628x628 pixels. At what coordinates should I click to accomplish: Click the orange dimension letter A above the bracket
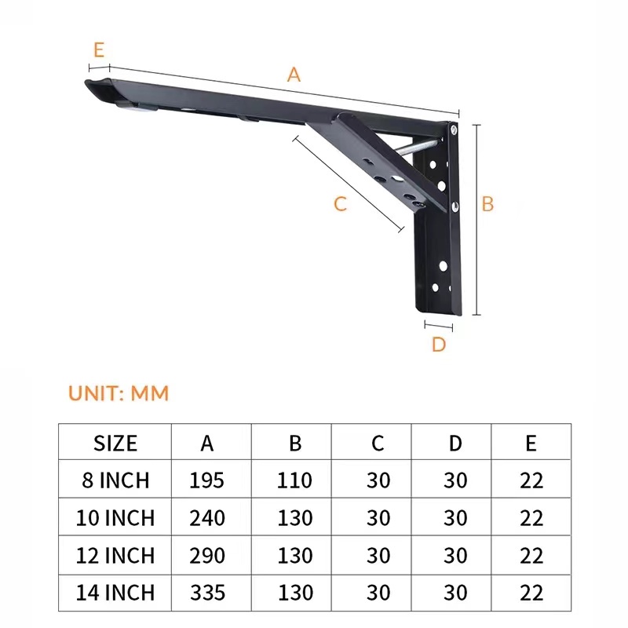(294, 75)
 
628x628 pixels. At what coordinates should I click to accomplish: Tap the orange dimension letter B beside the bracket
(487, 203)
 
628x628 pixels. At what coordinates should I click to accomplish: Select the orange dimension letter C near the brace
(340, 203)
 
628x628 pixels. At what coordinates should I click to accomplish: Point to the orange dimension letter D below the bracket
(439, 344)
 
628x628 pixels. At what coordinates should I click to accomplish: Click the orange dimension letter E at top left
(98, 49)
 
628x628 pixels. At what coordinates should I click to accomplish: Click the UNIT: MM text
(119, 392)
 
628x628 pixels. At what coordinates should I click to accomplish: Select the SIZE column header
(115, 443)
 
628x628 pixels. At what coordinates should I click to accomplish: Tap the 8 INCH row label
(115, 480)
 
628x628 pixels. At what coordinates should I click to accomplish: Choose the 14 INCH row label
(115, 592)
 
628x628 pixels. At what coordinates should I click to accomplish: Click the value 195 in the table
(206, 480)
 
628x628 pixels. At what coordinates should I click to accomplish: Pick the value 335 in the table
(206, 592)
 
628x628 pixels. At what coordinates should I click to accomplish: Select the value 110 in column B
(294, 480)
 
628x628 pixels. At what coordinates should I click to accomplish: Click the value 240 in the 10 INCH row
(206, 518)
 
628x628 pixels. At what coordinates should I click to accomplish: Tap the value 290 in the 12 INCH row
(206, 555)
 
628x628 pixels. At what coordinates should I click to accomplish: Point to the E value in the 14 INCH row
(531, 592)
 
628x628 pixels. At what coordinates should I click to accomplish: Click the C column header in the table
(378, 443)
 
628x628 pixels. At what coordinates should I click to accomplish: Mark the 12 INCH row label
(115, 555)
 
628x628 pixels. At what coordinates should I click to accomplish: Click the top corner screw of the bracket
(455, 128)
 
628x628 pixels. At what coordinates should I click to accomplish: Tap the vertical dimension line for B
(475, 220)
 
